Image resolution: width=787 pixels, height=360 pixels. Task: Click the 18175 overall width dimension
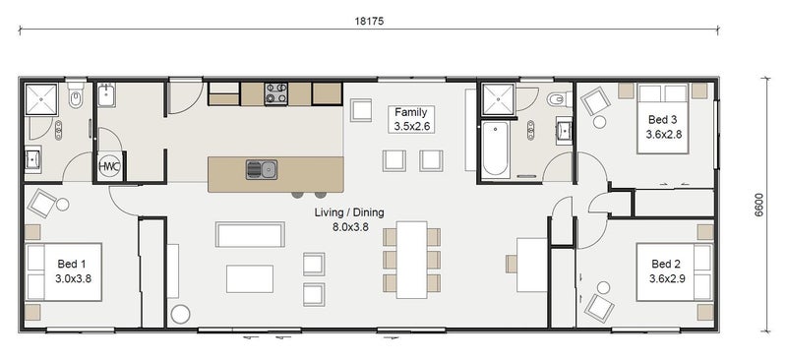click(x=369, y=21)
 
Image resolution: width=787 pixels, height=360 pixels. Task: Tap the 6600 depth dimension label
click(x=758, y=205)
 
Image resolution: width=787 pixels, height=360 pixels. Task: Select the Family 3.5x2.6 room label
click(x=411, y=119)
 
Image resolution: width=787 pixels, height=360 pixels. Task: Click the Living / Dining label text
click(x=349, y=212)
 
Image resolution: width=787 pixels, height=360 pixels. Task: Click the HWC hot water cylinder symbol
click(x=109, y=166)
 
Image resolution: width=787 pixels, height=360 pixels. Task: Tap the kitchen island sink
click(x=262, y=170)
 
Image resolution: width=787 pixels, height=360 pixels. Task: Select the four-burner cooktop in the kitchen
click(x=276, y=93)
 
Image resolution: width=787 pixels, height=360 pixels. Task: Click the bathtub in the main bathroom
click(x=496, y=149)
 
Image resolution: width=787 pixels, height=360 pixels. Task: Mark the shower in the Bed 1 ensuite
click(x=41, y=99)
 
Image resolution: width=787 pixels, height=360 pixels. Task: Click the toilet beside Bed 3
click(x=561, y=99)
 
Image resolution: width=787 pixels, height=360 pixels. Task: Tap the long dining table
click(x=411, y=259)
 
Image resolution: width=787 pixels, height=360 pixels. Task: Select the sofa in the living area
click(x=251, y=234)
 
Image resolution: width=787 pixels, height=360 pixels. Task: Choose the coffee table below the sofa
click(x=250, y=278)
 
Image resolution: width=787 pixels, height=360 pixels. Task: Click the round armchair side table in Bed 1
click(x=62, y=205)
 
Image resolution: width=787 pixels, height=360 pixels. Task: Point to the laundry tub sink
click(x=107, y=94)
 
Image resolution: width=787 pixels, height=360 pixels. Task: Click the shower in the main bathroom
click(x=498, y=99)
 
